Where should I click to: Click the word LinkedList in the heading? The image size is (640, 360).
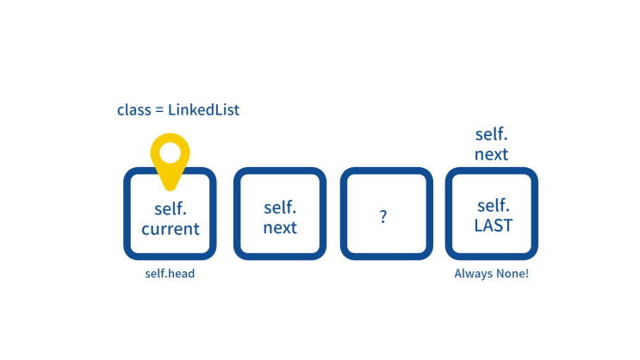pyautogui.click(x=203, y=109)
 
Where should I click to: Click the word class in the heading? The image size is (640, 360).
pyautogui.click(x=134, y=109)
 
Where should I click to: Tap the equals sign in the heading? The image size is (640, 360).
pyautogui.click(x=159, y=110)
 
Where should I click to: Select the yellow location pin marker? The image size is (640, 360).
pyautogui.click(x=171, y=162)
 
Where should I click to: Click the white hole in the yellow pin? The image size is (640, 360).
pyautogui.click(x=171, y=152)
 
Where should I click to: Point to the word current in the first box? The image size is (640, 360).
pyautogui.click(x=171, y=229)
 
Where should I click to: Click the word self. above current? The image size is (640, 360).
pyautogui.click(x=171, y=208)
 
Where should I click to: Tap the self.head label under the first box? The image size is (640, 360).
pyautogui.click(x=170, y=274)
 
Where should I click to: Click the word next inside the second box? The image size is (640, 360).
pyautogui.click(x=280, y=227)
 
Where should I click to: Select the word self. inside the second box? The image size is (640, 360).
pyautogui.click(x=280, y=208)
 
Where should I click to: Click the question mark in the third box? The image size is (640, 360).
pyautogui.click(x=383, y=216)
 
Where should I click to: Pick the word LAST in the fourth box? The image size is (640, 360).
pyautogui.click(x=494, y=226)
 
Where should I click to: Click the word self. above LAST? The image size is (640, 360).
pyautogui.click(x=494, y=205)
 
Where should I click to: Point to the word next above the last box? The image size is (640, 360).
pyautogui.click(x=492, y=154)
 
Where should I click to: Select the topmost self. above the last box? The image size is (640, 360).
pyautogui.click(x=492, y=134)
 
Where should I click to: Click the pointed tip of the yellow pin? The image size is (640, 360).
pyautogui.click(x=171, y=189)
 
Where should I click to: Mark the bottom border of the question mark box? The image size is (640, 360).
pyautogui.click(x=387, y=257)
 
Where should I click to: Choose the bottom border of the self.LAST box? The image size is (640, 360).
pyautogui.click(x=492, y=257)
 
